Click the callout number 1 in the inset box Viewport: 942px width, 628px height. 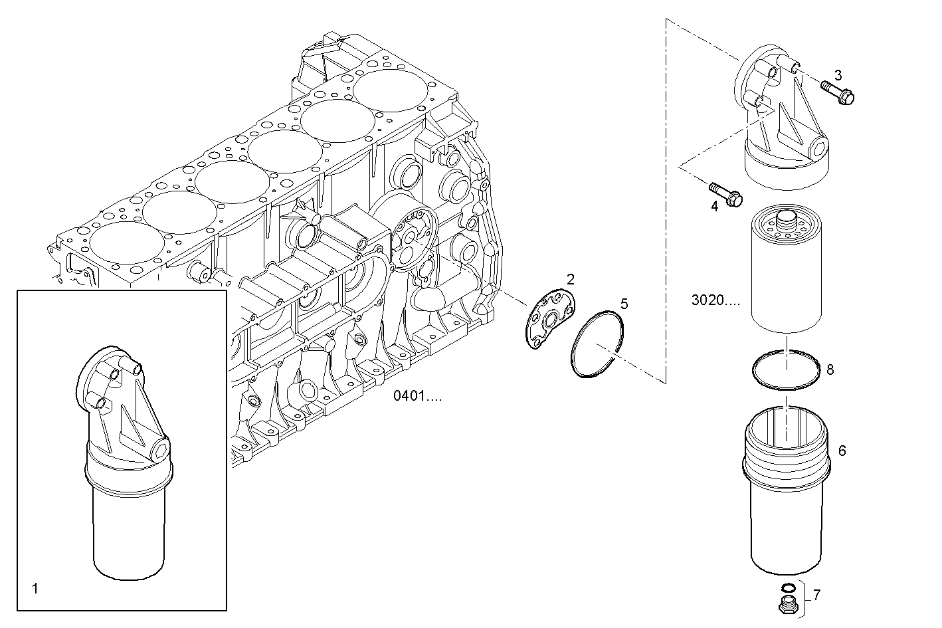[x=35, y=588]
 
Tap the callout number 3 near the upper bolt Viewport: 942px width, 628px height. [x=838, y=74]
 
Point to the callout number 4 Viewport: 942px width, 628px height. [x=714, y=206]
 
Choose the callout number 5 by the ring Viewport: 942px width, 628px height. [x=624, y=304]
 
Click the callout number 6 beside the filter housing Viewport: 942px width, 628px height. [x=842, y=451]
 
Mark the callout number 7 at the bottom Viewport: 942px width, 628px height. [x=816, y=595]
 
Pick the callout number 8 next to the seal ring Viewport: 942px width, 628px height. [x=830, y=369]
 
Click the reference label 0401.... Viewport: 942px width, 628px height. [x=417, y=396]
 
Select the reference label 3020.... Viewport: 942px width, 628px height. [x=715, y=300]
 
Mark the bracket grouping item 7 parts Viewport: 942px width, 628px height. [x=804, y=595]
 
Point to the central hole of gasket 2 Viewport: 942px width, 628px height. [x=551, y=322]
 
